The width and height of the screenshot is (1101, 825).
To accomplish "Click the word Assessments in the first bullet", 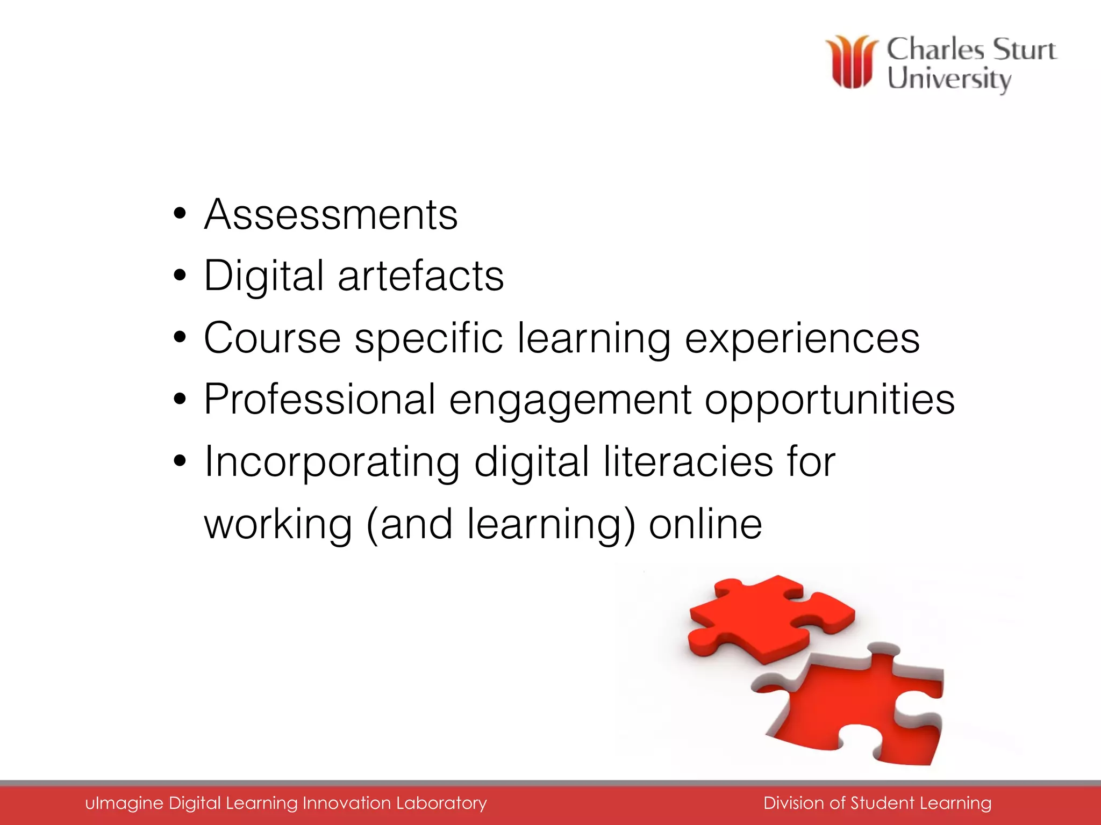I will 331,215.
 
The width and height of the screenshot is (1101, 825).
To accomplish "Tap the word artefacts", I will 420,276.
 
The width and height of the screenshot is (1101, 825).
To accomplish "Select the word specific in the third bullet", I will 428,338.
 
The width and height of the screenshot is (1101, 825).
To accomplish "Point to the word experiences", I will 802,338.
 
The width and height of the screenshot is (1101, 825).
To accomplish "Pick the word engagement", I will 570,401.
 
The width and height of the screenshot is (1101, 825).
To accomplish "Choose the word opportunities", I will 830,401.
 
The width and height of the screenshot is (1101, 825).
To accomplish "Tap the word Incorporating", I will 332,462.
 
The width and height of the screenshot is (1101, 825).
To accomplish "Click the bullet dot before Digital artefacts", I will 180,276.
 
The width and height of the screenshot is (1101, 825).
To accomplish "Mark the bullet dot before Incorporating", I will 180,461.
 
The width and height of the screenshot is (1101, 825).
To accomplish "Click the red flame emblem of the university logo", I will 852,62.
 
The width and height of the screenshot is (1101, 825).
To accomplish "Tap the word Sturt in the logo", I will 1024,49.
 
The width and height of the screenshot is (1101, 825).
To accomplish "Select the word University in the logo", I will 949,79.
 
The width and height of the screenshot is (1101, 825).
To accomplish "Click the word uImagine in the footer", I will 124,803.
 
